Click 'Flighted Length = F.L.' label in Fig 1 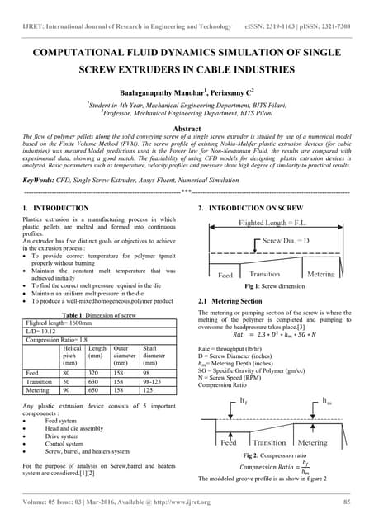point(274,223)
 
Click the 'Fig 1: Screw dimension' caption point(277,285)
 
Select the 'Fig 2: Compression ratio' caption point(276,455)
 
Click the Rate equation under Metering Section point(275,336)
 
